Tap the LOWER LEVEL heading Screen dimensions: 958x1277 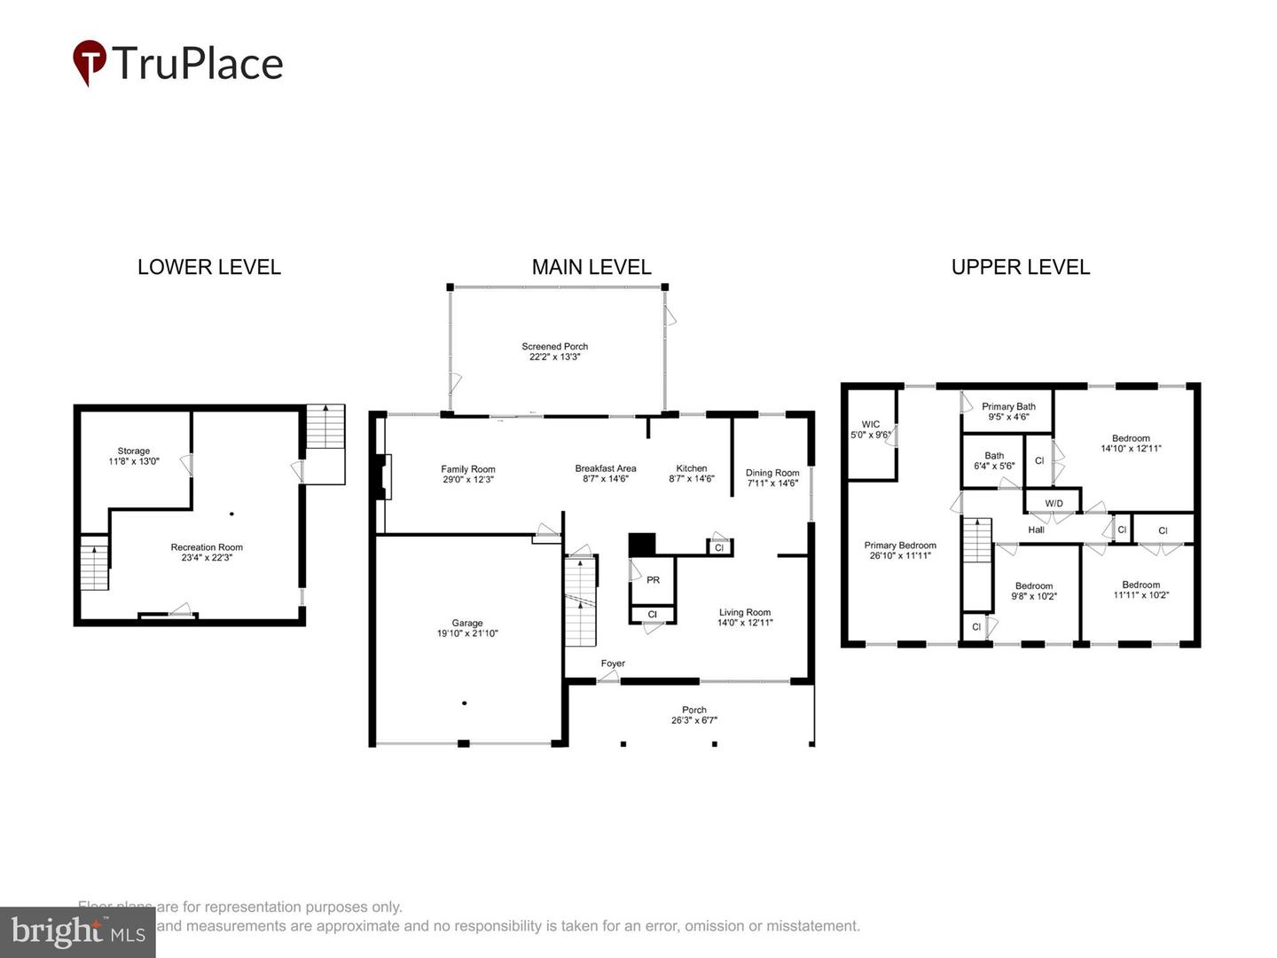[209, 267]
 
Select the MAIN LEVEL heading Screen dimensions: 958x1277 [591, 267]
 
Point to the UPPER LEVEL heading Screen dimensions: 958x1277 [1020, 267]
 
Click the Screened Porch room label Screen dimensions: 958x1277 [555, 347]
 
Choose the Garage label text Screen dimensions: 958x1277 [467, 624]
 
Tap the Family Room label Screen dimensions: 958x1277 [468, 469]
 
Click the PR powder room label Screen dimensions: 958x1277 [653, 580]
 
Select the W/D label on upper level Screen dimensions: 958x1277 [1054, 503]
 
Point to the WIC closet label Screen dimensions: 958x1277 [870, 424]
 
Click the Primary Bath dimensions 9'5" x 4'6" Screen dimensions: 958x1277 [1008, 417]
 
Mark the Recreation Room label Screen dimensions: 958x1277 [207, 547]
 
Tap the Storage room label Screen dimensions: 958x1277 [134, 451]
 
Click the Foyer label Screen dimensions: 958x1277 [613, 664]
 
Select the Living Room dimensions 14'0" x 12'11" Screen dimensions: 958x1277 [745, 623]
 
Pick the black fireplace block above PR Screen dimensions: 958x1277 [641, 545]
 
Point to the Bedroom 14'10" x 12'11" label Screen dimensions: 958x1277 [1131, 438]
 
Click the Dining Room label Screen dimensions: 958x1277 [772, 473]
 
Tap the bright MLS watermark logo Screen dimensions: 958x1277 [78, 932]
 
